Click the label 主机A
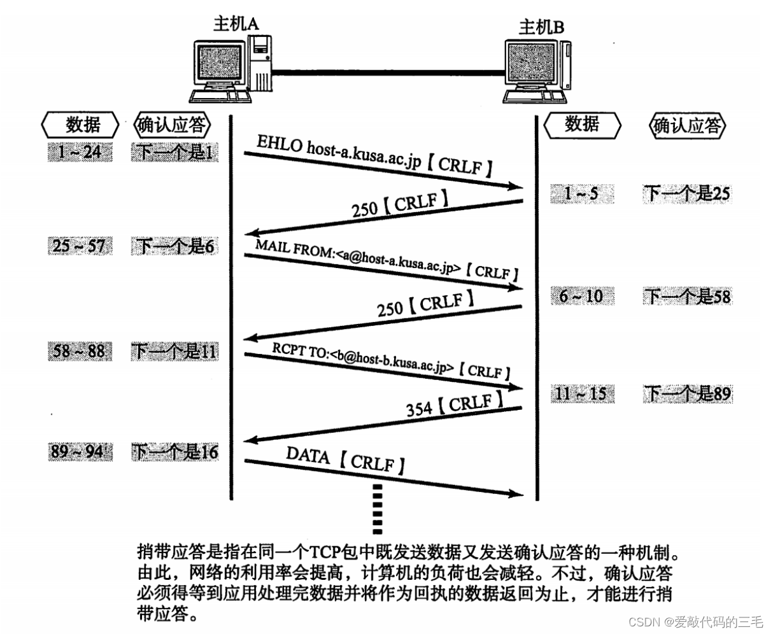236,24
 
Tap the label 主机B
541,27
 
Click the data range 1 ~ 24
79,152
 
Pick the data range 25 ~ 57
79,246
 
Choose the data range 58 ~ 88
79,351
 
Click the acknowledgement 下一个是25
687,194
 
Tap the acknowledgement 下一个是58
687,296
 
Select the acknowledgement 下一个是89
687,394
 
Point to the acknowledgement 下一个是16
175,453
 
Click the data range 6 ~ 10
581,296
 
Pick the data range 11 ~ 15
581,394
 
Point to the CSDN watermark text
695,621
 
